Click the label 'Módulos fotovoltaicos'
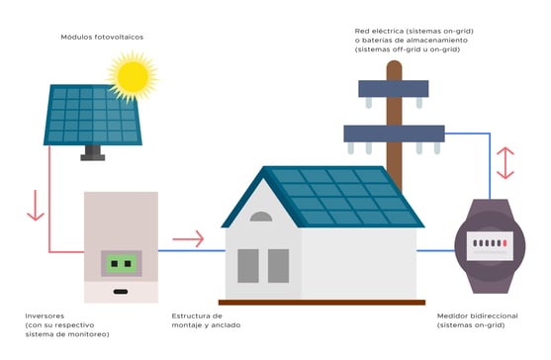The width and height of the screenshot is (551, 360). pyautogui.click(x=102, y=37)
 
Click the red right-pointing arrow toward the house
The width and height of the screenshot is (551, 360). pyautogui.click(x=188, y=238)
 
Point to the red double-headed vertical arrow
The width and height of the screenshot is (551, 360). pyautogui.click(x=505, y=162)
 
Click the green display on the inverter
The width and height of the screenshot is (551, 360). pyautogui.click(x=121, y=264)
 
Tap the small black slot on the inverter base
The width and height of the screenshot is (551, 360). pyautogui.click(x=121, y=292)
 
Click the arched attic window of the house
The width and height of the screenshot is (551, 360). pyautogui.click(x=261, y=216)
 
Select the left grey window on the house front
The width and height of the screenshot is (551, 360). pyautogui.click(x=247, y=264)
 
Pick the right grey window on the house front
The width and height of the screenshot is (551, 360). pyautogui.click(x=278, y=264)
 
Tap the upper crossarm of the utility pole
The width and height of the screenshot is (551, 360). pyautogui.click(x=394, y=88)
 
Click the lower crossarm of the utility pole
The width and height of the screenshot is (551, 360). pyautogui.click(x=394, y=134)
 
